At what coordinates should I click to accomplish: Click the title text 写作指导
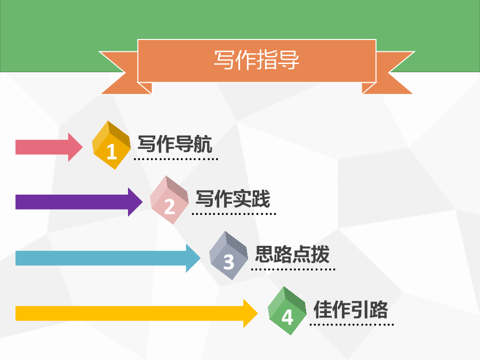[x=256, y=60]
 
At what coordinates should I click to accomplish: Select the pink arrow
[x=49, y=147]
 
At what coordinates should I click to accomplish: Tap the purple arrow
[x=79, y=202]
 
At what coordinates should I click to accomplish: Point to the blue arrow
[x=108, y=258]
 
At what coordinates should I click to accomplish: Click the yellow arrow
[x=137, y=313]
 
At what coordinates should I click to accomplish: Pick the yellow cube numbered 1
[x=111, y=145]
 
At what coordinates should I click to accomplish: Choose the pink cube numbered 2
[x=169, y=200]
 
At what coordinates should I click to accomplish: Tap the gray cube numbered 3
[x=228, y=255]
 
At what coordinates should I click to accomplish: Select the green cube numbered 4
[x=287, y=311]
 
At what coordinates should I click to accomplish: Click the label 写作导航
[x=175, y=144]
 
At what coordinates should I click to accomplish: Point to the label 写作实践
[x=233, y=199]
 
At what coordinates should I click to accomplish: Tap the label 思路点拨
[x=292, y=254]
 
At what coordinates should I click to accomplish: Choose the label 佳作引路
[x=351, y=309]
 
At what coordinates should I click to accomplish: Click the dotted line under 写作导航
[x=175, y=159]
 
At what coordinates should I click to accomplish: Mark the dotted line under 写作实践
[x=234, y=214]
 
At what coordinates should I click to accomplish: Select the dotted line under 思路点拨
[x=293, y=269]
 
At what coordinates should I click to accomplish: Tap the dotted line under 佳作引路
[x=352, y=324]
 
